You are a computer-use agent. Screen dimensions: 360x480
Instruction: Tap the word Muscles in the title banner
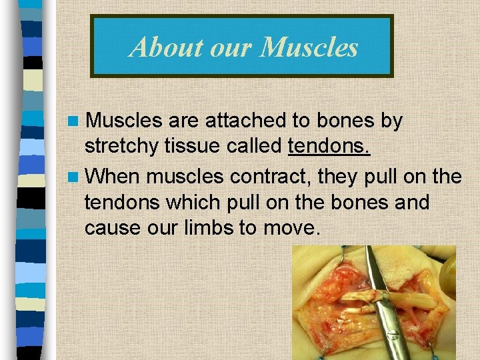click(x=310, y=47)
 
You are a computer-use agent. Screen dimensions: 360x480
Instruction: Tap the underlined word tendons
click(x=329, y=146)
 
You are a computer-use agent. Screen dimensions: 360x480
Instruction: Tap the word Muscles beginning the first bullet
click(x=125, y=121)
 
